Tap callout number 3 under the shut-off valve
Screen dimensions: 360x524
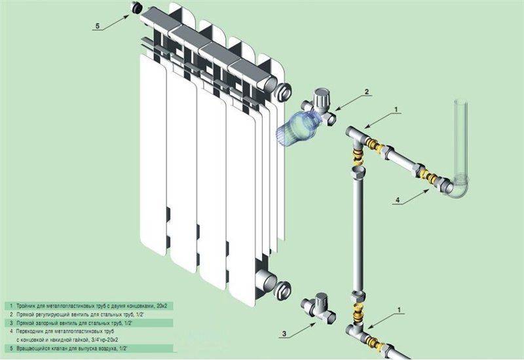[284, 334]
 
